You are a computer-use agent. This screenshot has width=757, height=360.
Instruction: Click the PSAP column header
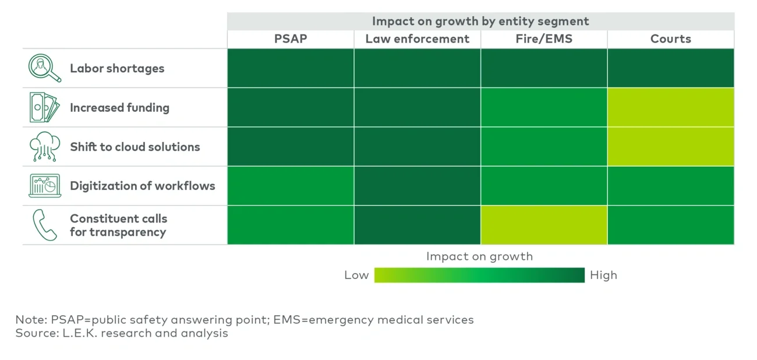tap(291, 39)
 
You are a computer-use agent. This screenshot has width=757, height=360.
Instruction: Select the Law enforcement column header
tap(417, 39)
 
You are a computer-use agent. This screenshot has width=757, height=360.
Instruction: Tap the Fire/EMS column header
tap(544, 39)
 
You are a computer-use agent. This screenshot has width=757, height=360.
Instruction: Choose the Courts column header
tap(670, 39)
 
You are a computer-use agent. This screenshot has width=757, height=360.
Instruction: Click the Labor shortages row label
tap(117, 68)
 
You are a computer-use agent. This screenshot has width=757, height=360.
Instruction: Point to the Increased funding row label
tap(119, 108)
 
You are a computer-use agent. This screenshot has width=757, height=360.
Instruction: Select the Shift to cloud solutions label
tap(135, 147)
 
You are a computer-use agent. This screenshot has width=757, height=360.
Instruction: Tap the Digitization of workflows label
tap(142, 186)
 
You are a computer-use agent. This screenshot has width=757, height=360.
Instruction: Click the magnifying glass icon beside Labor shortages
tap(44, 68)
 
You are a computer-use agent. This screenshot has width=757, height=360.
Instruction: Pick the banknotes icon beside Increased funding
tap(44, 108)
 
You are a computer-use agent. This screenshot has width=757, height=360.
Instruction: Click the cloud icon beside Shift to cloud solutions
tap(44, 147)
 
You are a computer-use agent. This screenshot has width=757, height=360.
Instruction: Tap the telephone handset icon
tap(45, 225)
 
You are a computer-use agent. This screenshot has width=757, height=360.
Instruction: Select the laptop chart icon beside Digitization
tap(45, 186)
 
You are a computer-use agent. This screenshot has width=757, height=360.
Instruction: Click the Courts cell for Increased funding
tap(670, 108)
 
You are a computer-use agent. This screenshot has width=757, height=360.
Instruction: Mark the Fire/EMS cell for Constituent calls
tap(544, 225)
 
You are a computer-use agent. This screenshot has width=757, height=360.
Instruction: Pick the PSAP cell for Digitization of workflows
tap(291, 186)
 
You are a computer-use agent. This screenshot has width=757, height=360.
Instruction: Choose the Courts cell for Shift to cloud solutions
tap(670, 147)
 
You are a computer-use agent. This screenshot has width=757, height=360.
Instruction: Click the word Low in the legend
tap(356, 275)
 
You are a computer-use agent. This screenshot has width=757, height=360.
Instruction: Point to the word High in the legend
tap(603, 275)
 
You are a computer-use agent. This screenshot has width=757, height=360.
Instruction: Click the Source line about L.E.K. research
tap(122, 334)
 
